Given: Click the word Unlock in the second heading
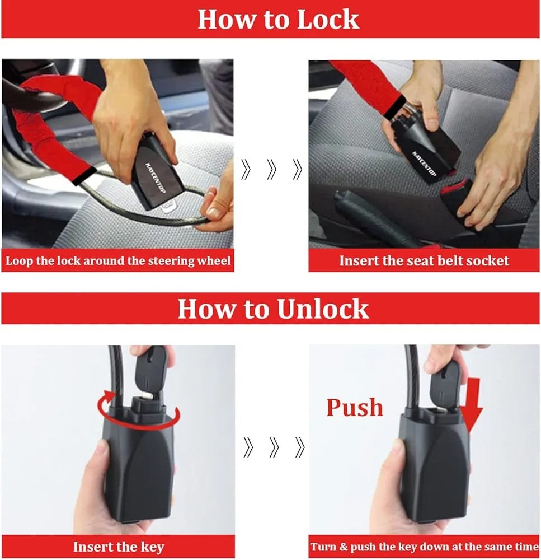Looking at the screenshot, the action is (323, 309).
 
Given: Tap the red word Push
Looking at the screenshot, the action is (355, 408).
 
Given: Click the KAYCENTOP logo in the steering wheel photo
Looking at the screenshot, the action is (155, 178).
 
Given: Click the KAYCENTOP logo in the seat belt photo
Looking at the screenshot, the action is (424, 164).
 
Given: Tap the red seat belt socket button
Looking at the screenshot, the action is (453, 187).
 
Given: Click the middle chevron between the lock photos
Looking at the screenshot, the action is (271, 169).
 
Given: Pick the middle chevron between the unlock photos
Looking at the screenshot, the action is (274, 447).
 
